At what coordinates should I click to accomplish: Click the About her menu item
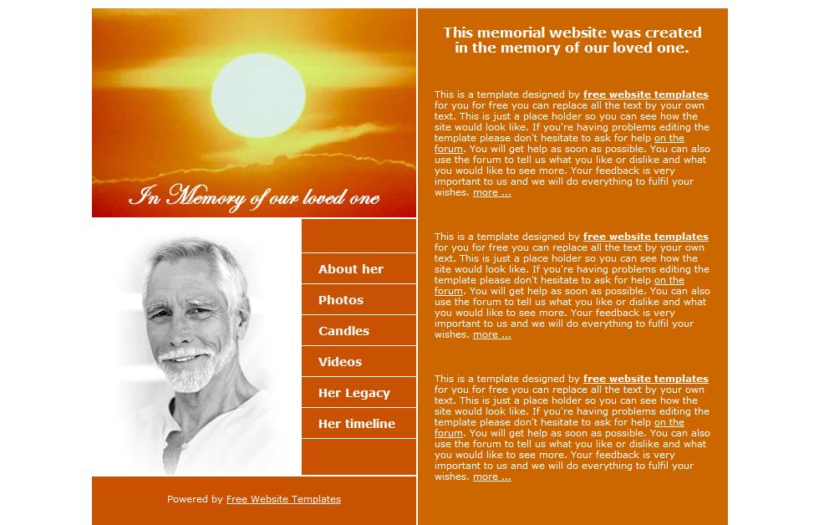tap(351, 269)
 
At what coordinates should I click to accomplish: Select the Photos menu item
tap(341, 300)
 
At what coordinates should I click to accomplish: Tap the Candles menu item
tap(343, 331)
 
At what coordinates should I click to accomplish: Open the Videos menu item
tap(340, 362)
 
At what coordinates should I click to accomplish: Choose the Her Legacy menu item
tap(354, 393)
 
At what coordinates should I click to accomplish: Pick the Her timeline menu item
tap(357, 424)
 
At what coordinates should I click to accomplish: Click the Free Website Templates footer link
tap(283, 499)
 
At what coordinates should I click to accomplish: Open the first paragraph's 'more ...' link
tap(491, 193)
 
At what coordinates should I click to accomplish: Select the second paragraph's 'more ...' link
tap(491, 335)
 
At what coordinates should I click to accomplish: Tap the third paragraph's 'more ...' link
tap(491, 477)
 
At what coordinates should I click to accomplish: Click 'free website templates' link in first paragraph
tap(645, 94)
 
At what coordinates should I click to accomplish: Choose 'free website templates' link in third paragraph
tap(645, 379)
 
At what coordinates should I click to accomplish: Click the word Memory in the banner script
tap(205, 197)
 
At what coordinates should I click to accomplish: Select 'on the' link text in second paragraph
tap(669, 280)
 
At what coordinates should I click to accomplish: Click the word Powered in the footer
tap(184, 499)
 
